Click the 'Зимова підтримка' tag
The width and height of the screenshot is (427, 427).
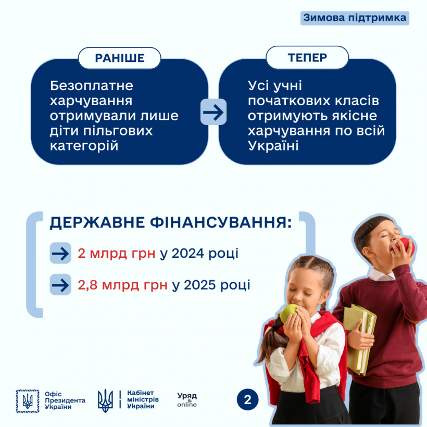pos(355,18)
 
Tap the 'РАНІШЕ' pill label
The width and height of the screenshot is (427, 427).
pos(120,58)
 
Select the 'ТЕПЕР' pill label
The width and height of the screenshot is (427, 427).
pos(307,57)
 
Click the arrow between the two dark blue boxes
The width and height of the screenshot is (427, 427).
pos(213,112)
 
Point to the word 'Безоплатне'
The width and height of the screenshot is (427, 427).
pos(92,86)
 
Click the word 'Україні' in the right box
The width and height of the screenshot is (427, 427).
pos(273,146)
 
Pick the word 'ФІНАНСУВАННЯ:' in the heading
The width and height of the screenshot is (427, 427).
pos(221,222)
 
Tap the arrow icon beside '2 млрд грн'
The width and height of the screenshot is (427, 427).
pos(60,253)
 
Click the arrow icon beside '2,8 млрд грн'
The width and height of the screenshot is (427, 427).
pos(60,284)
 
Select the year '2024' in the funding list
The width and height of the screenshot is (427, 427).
pos(188,253)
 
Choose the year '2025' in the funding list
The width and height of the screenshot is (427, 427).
pos(200,285)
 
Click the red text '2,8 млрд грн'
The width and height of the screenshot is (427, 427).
pos(122,285)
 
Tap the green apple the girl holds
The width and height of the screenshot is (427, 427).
pos(288,312)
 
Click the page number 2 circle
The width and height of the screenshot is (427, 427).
pos(247,399)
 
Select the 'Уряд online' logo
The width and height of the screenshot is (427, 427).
pos(187,400)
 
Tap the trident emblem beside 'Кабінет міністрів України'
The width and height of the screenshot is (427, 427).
pos(105,400)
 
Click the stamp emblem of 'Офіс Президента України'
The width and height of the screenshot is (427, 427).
pos(28,401)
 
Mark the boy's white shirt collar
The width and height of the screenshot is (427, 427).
pos(382,274)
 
